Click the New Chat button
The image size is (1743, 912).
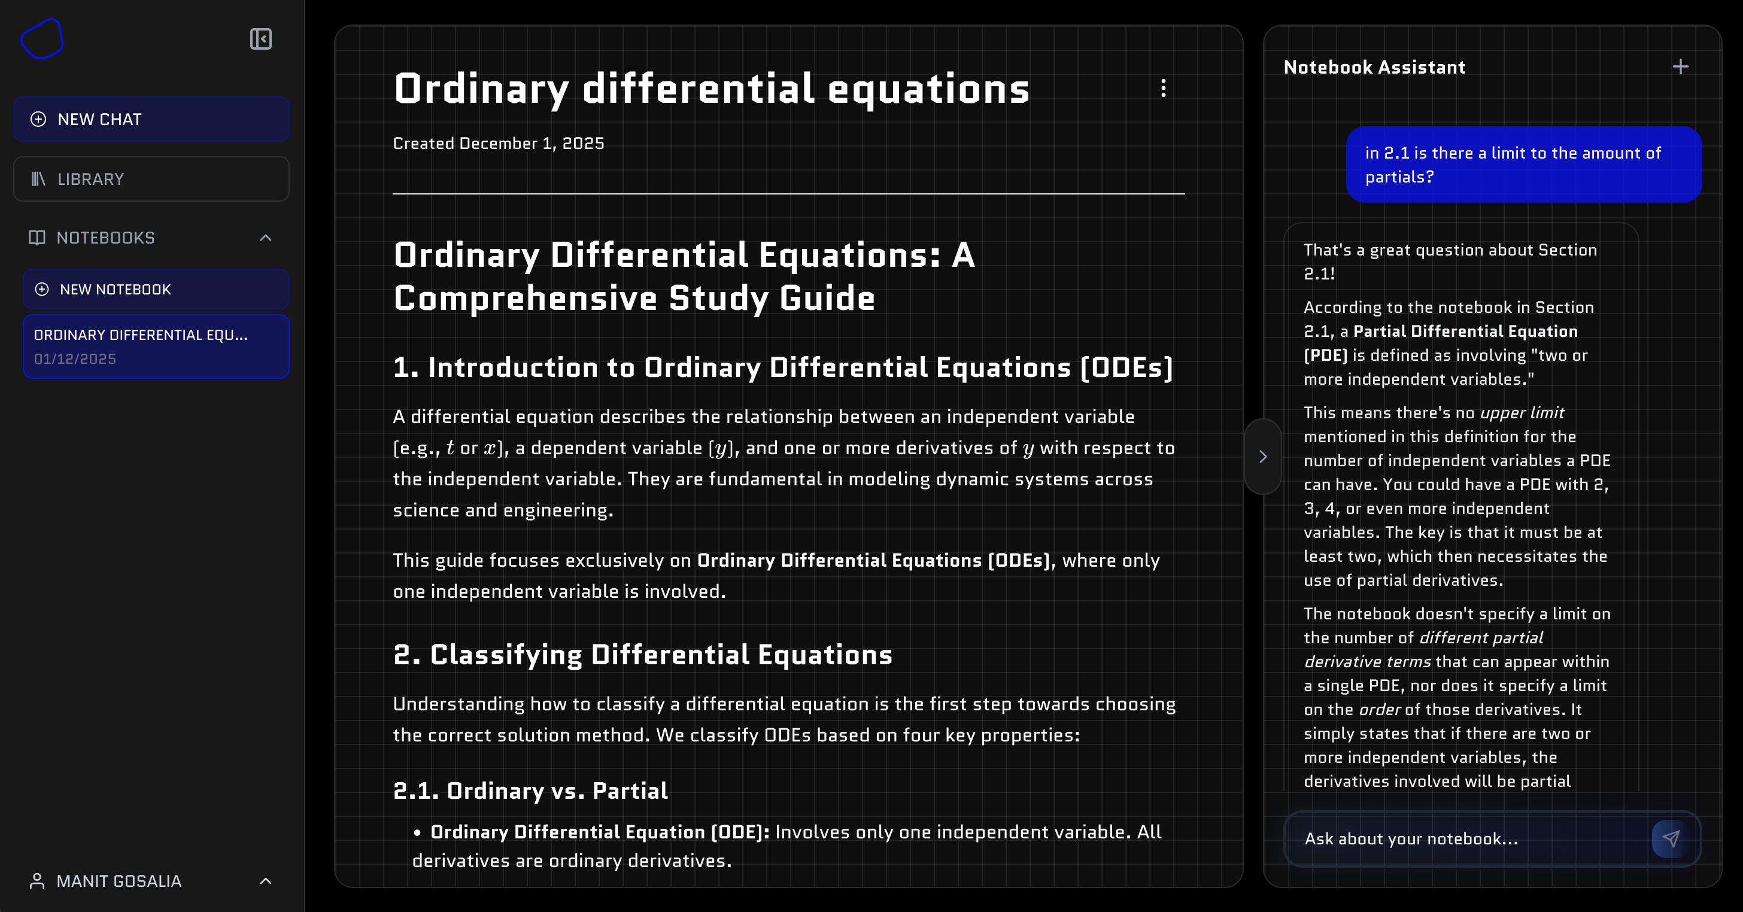pos(151,119)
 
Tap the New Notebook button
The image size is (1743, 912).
pos(156,290)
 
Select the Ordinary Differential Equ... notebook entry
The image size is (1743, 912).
pos(156,346)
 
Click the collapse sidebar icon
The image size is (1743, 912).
pos(260,39)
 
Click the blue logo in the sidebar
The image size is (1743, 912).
pos(42,39)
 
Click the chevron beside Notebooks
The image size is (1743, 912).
pos(265,238)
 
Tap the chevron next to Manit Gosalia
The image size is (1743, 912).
pos(265,881)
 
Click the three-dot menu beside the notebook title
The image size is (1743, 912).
pos(1163,88)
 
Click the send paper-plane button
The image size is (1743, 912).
pos(1671,839)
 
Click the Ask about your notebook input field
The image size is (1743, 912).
pos(1468,839)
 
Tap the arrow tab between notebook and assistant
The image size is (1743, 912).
pos(1262,457)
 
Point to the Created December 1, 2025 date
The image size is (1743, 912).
pos(499,144)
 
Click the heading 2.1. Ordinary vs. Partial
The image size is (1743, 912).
pos(530,791)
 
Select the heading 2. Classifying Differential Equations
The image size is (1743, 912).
pos(643,655)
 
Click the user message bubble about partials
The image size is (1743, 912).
pos(1523,165)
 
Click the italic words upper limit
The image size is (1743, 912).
pos(1522,413)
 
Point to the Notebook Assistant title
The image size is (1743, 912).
pos(1374,67)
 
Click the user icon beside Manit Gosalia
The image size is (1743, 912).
pos(37,881)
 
